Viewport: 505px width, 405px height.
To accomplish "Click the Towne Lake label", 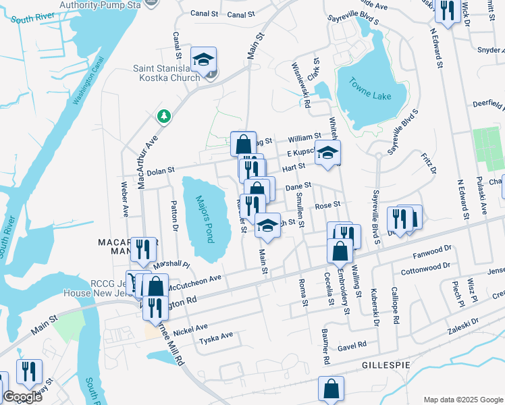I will point(370,89).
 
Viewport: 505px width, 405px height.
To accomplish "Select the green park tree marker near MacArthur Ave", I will point(163,117).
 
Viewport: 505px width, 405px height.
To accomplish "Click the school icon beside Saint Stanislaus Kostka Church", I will point(203,59).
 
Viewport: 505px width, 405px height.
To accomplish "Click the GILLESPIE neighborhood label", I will point(386,364).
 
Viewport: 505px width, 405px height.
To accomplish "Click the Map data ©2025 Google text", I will point(462,399).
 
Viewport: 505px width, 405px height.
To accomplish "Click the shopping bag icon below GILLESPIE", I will point(330,389).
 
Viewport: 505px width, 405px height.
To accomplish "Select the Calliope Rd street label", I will point(396,303).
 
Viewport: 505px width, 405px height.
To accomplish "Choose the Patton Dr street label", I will point(174,211).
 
